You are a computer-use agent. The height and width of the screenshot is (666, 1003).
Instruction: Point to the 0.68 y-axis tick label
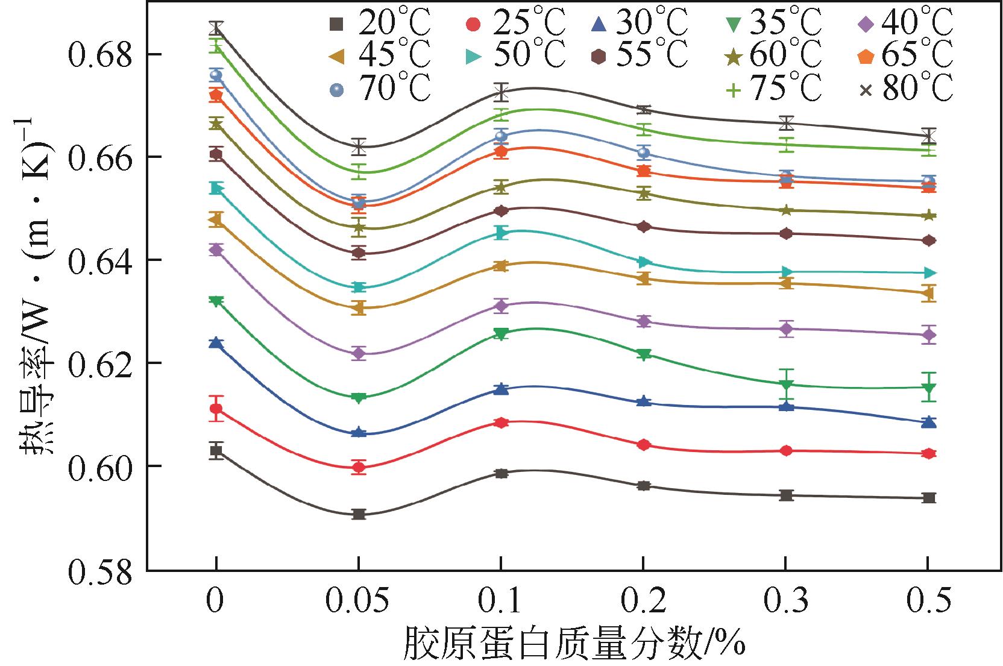[x=99, y=55]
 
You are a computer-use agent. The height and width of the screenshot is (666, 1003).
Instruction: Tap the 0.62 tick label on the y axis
[x=99, y=364]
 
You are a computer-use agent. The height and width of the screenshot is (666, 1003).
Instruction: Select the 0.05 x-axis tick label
[x=359, y=602]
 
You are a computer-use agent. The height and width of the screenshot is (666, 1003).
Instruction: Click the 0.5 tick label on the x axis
[x=929, y=602]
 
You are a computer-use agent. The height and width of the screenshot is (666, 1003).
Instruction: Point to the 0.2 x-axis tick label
[x=644, y=602]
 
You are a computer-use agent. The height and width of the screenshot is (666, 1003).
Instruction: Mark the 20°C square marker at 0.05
[x=359, y=514]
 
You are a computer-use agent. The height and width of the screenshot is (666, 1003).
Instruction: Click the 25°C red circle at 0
[x=216, y=409]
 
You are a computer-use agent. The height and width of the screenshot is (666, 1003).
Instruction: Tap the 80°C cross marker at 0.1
[x=502, y=92]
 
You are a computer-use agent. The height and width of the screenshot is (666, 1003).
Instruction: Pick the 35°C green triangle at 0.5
[x=929, y=387]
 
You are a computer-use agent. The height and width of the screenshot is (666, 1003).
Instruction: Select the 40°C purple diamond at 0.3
[x=786, y=328]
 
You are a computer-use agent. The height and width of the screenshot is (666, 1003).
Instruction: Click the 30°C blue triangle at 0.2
[x=644, y=401]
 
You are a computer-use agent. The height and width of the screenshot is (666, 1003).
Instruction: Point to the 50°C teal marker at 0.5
[x=929, y=273]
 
